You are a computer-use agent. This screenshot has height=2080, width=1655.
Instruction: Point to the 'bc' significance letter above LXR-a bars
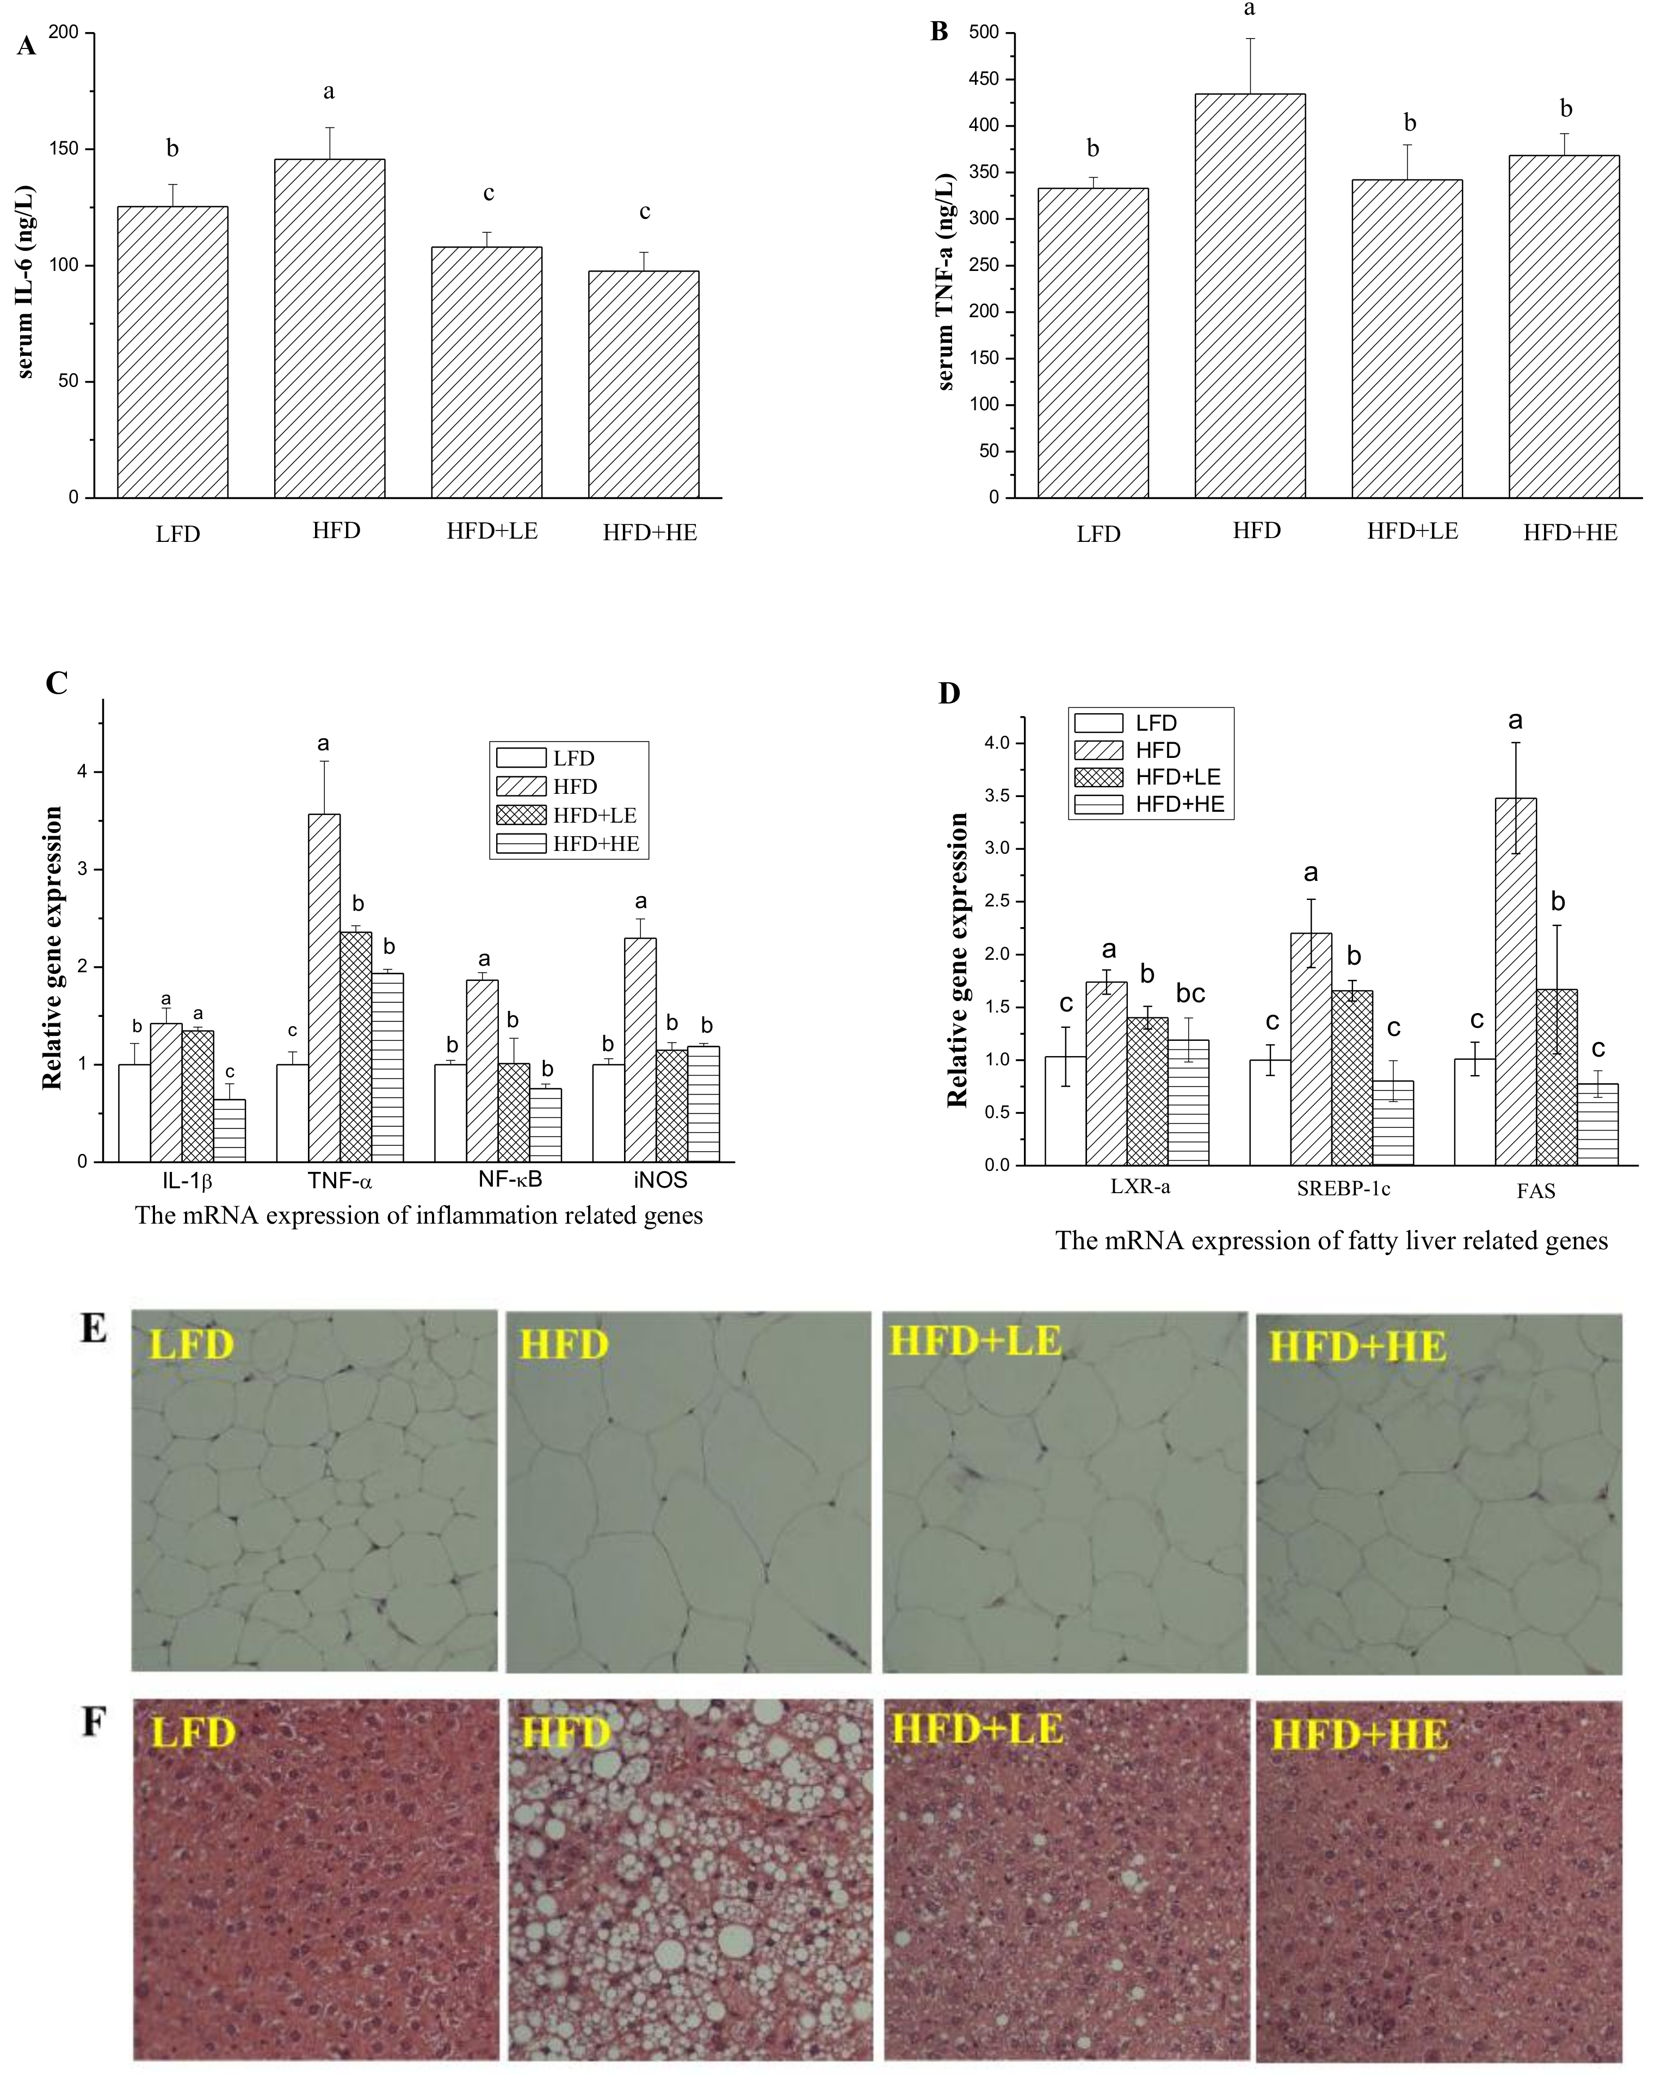pyautogui.click(x=1190, y=993)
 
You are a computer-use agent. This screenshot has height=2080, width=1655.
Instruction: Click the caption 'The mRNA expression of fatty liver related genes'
pyautogui.click(x=1331, y=1240)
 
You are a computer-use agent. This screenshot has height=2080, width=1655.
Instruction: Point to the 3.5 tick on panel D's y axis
pyautogui.click(x=996, y=796)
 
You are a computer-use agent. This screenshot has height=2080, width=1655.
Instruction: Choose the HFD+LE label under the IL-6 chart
pyautogui.click(x=492, y=530)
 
